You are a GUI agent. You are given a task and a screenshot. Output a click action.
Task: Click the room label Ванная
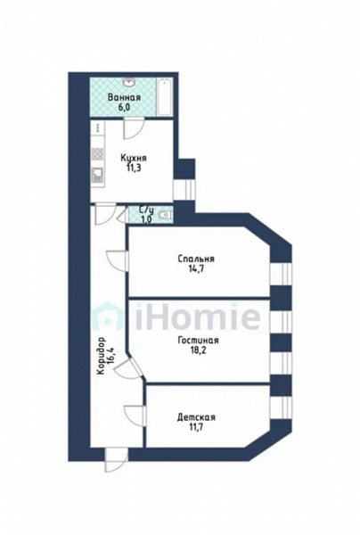[x=124, y=97]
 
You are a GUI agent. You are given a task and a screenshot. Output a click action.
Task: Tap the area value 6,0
[x=124, y=107]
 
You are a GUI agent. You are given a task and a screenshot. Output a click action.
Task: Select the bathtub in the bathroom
[x=165, y=97]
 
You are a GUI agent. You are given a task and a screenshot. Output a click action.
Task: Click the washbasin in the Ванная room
[x=130, y=82]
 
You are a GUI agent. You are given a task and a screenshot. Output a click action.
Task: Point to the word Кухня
[x=134, y=159]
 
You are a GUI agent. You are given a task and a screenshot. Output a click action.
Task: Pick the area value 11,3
[x=134, y=168]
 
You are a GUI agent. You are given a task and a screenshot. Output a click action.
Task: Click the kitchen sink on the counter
[x=97, y=176]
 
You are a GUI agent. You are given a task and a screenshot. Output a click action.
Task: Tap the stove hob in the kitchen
[x=97, y=154]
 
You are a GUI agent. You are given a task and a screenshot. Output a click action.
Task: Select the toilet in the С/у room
[x=167, y=215]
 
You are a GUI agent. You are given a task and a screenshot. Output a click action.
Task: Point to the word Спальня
[x=196, y=259]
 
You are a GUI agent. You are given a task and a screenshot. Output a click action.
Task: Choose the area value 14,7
[x=196, y=268]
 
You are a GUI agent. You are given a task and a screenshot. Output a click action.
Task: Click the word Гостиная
[x=198, y=341]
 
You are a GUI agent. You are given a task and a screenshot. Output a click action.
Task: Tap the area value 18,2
[x=198, y=350]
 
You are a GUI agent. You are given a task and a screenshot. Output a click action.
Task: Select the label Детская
[x=196, y=417]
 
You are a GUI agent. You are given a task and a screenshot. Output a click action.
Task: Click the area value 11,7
[x=196, y=427]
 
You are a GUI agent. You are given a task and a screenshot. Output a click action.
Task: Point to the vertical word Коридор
[x=101, y=357]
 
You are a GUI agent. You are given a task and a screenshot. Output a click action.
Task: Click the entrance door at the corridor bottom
[x=116, y=459]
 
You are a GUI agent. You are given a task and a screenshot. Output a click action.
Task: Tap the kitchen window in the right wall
[x=184, y=190]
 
